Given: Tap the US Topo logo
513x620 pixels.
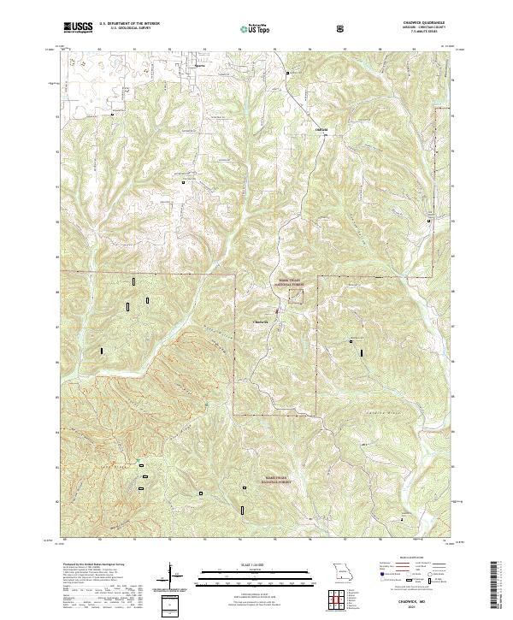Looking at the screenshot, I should (256, 29).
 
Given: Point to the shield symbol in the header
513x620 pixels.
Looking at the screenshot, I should (343, 28).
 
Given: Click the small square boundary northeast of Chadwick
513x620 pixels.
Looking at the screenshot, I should (296, 296).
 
